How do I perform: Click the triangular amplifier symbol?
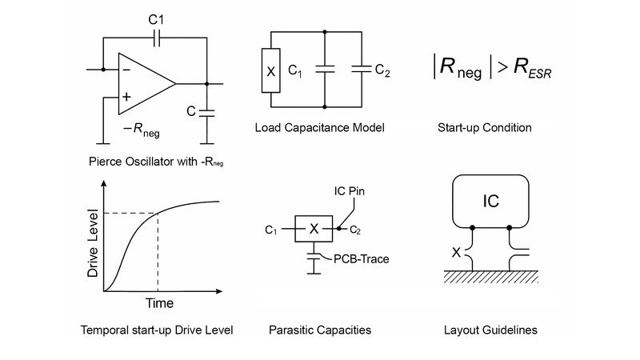click(144, 83)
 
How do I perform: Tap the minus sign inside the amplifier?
click(126, 69)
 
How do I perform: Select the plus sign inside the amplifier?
click(126, 96)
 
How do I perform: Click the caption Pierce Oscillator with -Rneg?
click(157, 161)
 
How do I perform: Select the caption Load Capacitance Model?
click(319, 127)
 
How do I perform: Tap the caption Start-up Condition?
click(485, 127)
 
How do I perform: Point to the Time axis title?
click(158, 304)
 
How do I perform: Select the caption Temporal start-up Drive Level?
click(157, 330)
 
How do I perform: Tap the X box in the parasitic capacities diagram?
click(314, 230)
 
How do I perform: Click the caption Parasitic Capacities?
click(320, 330)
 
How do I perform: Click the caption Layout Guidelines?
click(490, 330)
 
